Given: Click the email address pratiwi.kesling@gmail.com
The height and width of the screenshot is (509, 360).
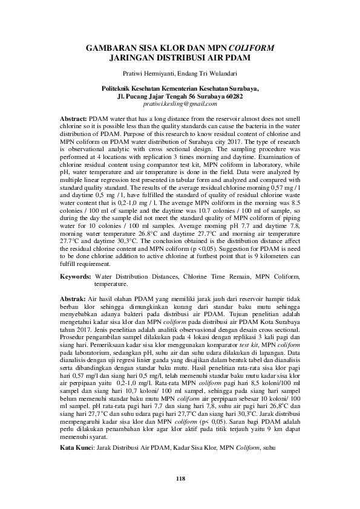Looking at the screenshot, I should click(x=180, y=104).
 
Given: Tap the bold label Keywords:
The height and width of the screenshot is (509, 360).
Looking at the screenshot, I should click(x=75, y=276).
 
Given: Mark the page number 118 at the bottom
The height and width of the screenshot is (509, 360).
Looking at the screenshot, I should click(x=180, y=479).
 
